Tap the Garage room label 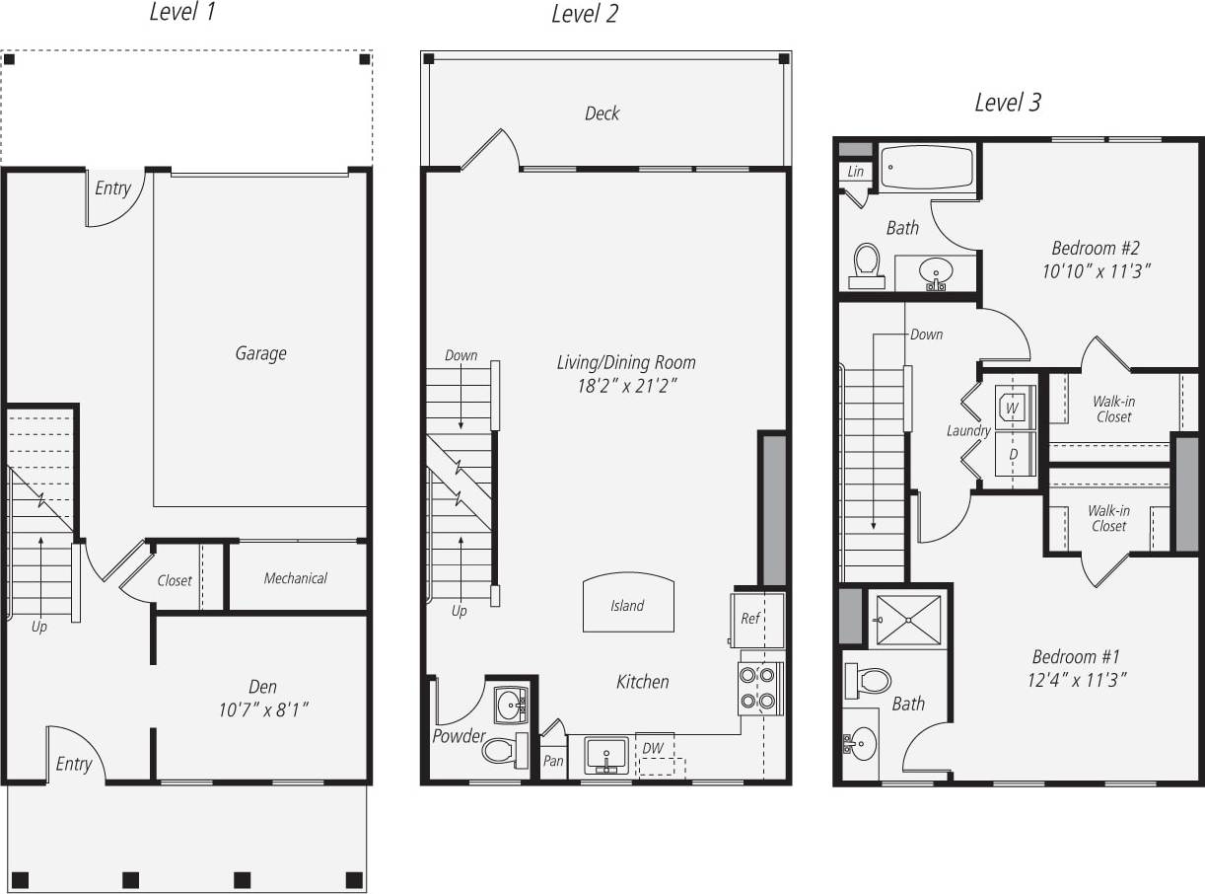tap(260, 353)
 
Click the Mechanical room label tap(295, 578)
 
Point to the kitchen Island tap(627, 603)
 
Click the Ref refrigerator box tap(756, 619)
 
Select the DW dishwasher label tap(653, 748)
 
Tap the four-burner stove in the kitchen tap(759, 688)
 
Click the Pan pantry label tap(553, 761)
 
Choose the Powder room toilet tap(503, 750)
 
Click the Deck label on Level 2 tap(602, 113)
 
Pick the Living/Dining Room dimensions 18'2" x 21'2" tap(626, 386)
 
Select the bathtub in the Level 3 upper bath tap(926, 168)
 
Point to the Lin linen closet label tap(855, 172)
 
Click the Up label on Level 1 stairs tap(38, 627)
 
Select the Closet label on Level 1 tap(175, 580)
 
